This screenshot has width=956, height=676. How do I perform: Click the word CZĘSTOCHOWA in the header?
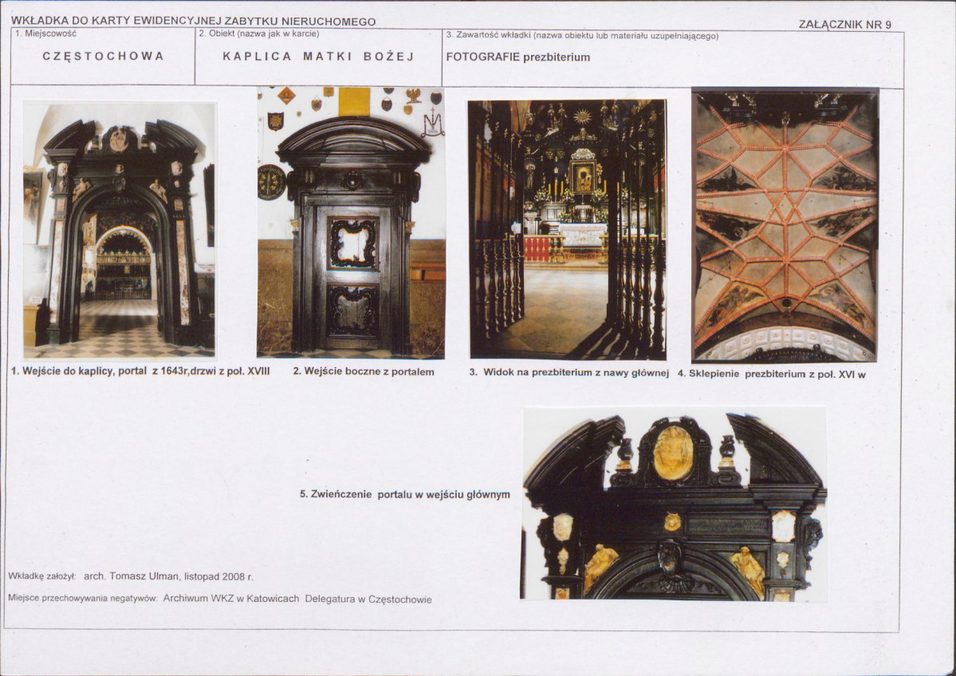103,56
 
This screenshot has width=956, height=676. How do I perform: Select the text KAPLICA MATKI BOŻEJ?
318,56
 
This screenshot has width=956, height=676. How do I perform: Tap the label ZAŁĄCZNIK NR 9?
844,25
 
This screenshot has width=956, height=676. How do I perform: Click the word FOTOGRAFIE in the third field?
483,57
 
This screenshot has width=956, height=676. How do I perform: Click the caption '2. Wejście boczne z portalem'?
364,371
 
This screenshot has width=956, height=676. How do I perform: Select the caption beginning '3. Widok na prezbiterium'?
568,372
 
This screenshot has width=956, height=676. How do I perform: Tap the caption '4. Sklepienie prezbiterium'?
771,374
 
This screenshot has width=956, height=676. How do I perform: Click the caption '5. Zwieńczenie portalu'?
404,494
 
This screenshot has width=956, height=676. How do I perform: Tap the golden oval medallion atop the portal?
673,453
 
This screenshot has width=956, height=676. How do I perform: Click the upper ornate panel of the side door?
353,243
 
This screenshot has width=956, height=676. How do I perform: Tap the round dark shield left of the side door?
271,183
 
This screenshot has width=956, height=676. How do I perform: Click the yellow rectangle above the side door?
354,101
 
